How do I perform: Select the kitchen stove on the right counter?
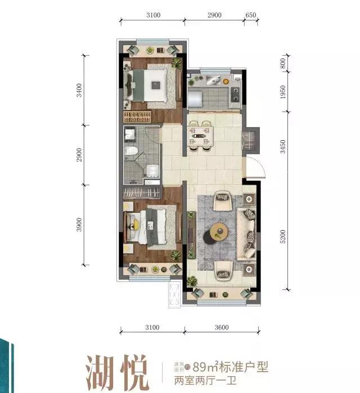[233, 92]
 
